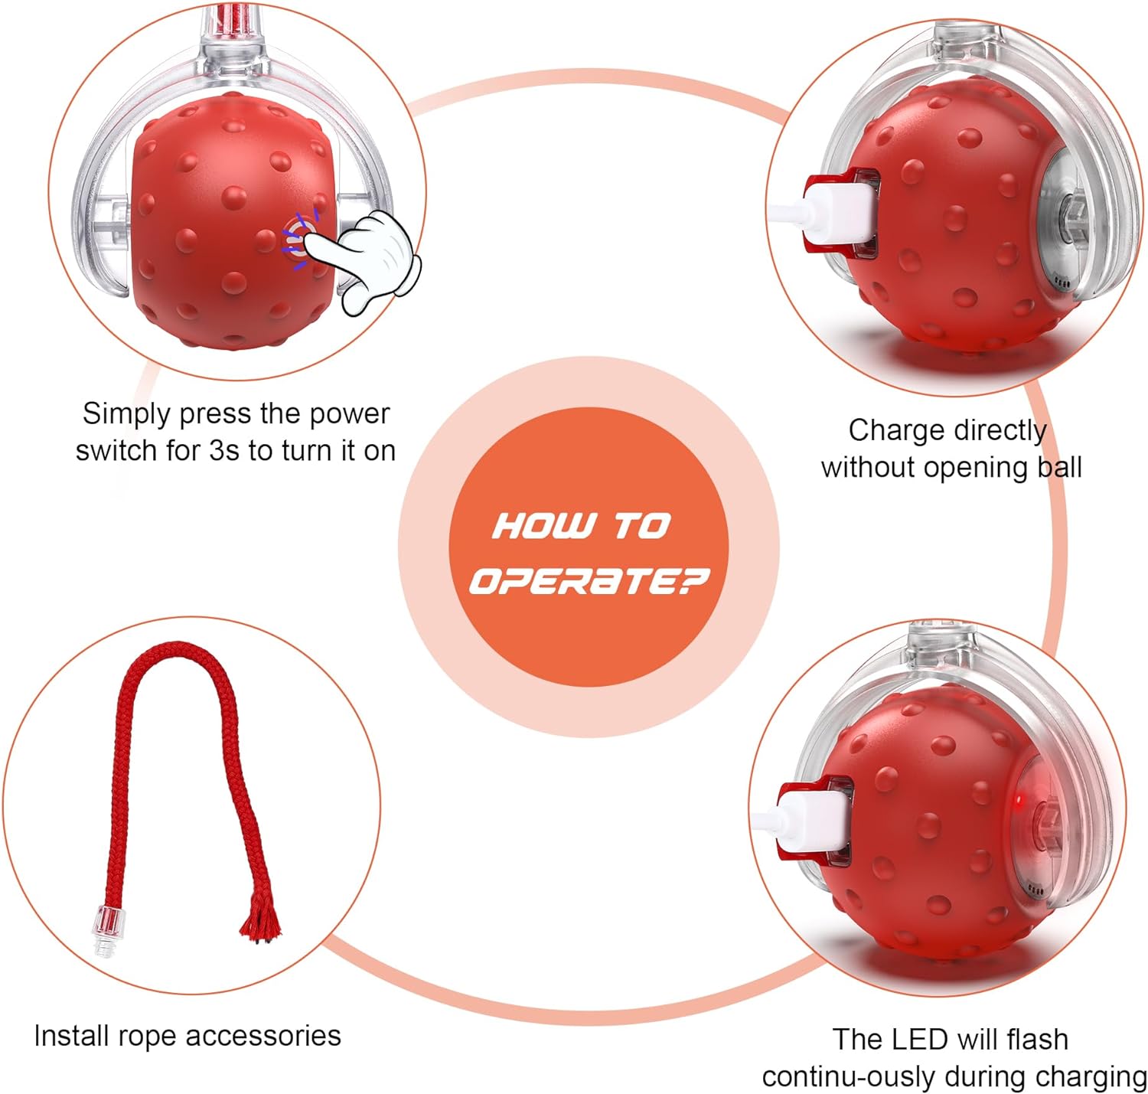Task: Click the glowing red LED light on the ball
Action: (1019, 802)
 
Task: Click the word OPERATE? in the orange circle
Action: (589, 581)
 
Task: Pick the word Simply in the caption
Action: (126, 414)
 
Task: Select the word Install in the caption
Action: (67, 1036)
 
